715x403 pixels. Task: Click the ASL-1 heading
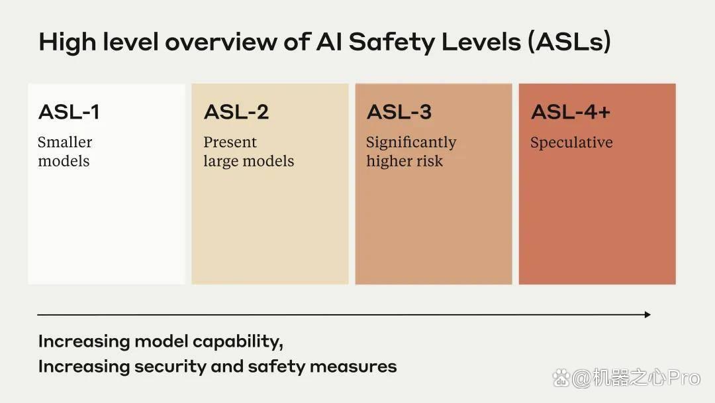click(x=69, y=112)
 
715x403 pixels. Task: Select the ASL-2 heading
click(x=236, y=112)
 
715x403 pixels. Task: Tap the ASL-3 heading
click(x=399, y=112)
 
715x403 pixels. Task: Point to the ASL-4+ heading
click(x=571, y=112)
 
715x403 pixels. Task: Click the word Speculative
click(x=571, y=143)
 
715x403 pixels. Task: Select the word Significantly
click(x=411, y=143)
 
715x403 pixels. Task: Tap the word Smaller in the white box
click(x=65, y=142)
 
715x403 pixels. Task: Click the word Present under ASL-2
click(x=230, y=142)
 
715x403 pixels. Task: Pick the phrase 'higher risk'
click(x=405, y=161)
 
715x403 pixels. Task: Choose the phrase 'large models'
click(x=248, y=161)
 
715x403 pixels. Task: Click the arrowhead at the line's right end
click(x=647, y=314)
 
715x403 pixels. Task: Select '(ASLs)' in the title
click(x=569, y=42)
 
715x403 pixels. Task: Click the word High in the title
click(x=68, y=42)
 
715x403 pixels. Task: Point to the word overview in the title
click(x=220, y=42)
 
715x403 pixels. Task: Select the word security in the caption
click(x=170, y=367)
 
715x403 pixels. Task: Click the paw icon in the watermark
click(x=561, y=378)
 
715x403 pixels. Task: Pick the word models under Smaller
click(x=64, y=161)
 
